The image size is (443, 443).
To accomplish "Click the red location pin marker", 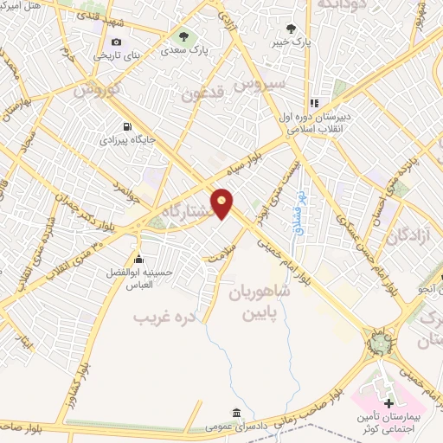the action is click(x=223, y=204).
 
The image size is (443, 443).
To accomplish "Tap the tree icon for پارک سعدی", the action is click(x=183, y=35).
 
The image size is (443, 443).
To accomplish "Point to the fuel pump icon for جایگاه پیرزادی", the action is click(x=130, y=125).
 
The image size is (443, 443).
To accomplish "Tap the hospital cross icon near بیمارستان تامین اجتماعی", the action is click(x=388, y=403).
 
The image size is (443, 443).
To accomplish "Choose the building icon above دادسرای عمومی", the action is click(x=235, y=412).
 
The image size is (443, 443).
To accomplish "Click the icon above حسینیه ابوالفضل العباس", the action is click(x=138, y=258).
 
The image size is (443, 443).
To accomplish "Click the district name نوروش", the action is click(x=94, y=89).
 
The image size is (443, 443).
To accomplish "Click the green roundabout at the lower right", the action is click(x=378, y=344).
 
